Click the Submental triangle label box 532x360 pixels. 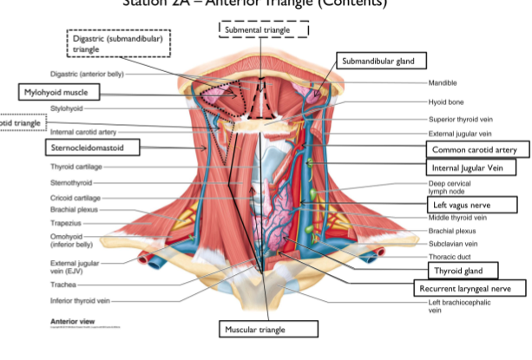click(x=263, y=29)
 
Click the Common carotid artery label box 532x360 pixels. click(x=473, y=150)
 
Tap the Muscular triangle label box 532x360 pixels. click(x=267, y=329)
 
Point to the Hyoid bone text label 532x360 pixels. click(x=445, y=101)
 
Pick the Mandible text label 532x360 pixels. click(x=443, y=83)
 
